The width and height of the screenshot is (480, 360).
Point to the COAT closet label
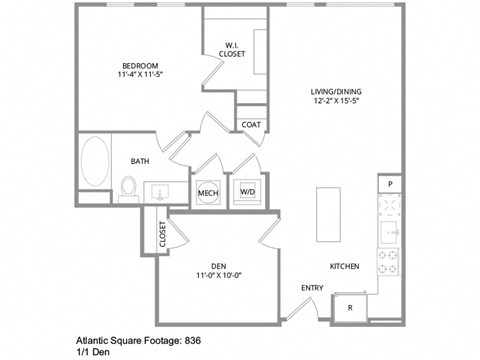coord(251,125)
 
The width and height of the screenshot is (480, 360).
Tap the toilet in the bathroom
coord(128,187)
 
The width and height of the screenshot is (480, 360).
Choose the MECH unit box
coord(208,192)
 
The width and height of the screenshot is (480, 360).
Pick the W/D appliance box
coord(247,192)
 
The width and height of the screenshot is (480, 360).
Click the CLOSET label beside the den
coord(163,236)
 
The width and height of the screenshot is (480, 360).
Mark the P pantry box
coord(389,185)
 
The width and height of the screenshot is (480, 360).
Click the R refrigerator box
coord(349,308)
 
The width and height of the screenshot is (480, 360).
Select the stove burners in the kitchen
coord(389,263)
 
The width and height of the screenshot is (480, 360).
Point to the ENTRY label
coord(312,290)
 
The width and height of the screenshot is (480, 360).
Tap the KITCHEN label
coord(345,266)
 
